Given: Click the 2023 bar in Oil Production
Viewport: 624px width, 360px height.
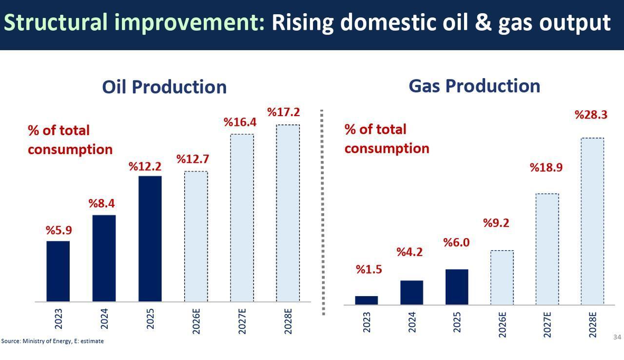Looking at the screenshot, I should point(58,271).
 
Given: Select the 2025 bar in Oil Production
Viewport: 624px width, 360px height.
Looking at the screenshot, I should point(150,239).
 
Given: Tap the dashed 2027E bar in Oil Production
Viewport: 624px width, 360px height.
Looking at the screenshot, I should point(242,218).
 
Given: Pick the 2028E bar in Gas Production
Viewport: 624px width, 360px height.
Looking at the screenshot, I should point(592,221).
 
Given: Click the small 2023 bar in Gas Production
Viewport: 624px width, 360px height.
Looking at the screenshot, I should point(366,300).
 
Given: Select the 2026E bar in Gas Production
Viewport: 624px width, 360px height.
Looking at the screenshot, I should point(502,277).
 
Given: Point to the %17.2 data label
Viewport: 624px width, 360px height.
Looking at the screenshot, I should point(283,112).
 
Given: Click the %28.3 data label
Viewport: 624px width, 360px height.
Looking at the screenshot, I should point(591,115).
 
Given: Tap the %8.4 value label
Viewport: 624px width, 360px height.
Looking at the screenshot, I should point(101,203).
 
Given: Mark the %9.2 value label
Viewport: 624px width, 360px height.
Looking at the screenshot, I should point(496,223).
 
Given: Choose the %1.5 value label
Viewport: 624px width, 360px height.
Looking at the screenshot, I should point(369,269).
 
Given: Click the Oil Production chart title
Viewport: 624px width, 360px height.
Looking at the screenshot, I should point(164,87).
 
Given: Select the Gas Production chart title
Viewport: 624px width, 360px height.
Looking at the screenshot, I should point(474,85).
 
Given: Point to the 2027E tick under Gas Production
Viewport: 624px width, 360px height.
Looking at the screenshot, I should point(547,323).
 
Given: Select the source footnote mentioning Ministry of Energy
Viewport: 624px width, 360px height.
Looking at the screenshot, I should point(52,341).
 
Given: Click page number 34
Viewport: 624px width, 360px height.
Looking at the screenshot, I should point(617,337).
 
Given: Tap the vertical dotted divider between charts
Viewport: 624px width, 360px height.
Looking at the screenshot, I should point(322,212).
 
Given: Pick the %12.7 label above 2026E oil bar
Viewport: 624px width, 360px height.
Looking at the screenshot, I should point(192,159).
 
